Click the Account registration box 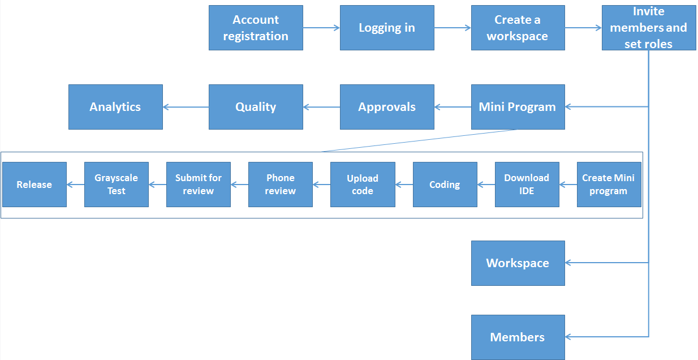[256, 28]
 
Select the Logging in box [387, 28]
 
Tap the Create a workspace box [518, 28]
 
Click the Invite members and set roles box [648, 28]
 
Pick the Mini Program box [518, 107]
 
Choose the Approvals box [387, 107]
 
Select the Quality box [256, 107]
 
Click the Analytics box [115, 107]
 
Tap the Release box [35, 185]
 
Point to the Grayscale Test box [117, 185]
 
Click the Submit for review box [199, 185]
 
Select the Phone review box [281, 185]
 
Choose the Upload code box [363, 185]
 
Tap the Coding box [445, 185]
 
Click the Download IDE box [527, 185]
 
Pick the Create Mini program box [609, 185]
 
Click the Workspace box [518, 263]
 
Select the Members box [518, 337]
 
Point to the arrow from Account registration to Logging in [321, 28]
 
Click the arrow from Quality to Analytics [186, 107]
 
